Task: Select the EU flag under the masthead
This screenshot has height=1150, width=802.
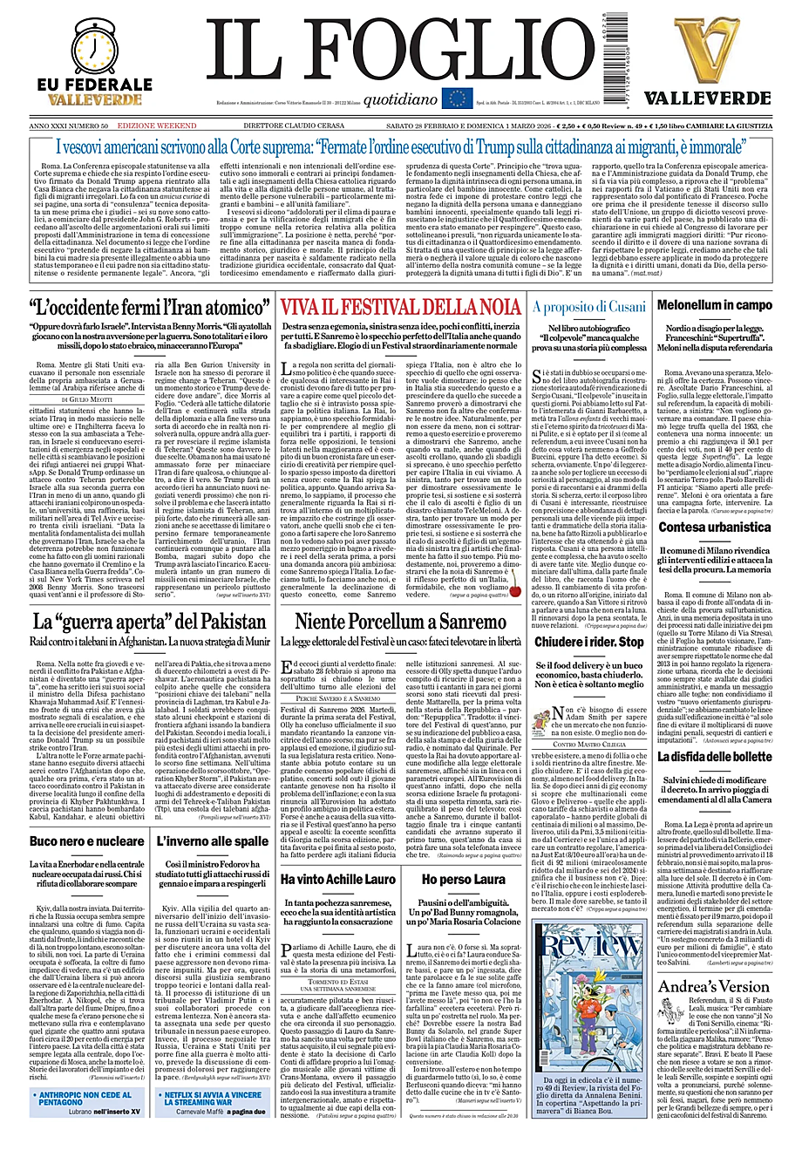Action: pyautogui.click(x=457, y=99)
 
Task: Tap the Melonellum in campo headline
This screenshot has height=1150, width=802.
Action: pyautogui.click(x=714, y=305)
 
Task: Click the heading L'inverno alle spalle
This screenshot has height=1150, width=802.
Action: pyautogui.click(x=213, y=841)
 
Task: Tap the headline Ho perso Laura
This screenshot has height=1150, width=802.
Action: pyautogui.click(x=463, y=879)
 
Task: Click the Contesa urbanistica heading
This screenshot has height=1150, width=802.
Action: pyautogui.click(x=714, y=527)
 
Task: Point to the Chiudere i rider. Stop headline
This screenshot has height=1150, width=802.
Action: pyautogui.click(x=589, y=642)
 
